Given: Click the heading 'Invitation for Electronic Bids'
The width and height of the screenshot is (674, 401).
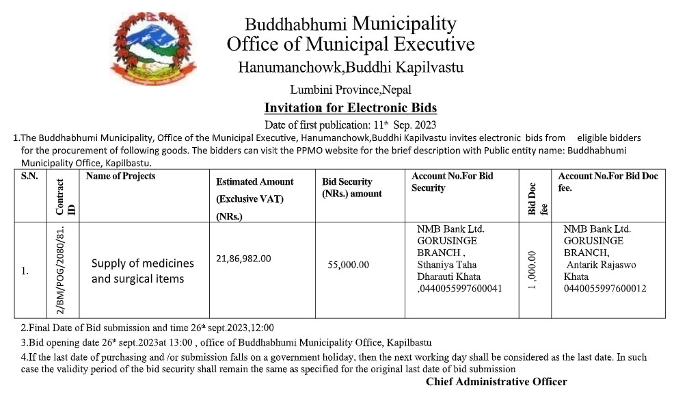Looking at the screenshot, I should (350, 107).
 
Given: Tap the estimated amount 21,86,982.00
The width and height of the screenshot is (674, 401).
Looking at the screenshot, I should (243, 258).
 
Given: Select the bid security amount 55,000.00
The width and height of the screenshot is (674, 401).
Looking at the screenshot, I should (348, 265).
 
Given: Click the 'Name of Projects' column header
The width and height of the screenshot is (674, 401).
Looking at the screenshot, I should (120, 177).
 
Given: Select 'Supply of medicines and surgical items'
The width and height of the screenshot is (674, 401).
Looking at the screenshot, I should (142, 270).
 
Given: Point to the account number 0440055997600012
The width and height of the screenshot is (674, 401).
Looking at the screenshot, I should (605, 289).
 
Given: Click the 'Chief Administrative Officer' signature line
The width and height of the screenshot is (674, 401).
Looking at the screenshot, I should (496, 381).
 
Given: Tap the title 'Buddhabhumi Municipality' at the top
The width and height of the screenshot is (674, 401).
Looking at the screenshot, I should (350, 24).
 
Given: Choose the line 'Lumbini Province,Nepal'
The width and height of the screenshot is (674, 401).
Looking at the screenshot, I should (350, 90).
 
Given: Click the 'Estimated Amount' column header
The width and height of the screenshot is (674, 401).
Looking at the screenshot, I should (254, 182).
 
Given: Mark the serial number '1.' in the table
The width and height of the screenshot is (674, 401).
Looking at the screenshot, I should (25, 271).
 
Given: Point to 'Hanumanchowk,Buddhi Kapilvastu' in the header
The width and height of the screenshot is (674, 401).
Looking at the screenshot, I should (350, 68).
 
